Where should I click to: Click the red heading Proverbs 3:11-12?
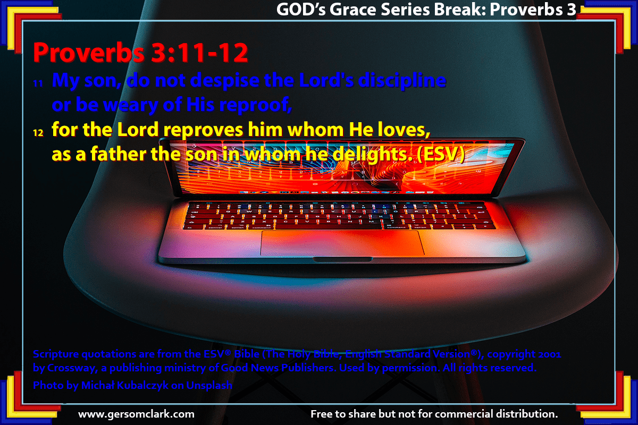point(140,53)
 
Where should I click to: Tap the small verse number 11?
point(38,83)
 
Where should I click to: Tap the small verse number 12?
point(38,133)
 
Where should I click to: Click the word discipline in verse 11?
point(402,81)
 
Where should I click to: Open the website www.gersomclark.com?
point(136,414)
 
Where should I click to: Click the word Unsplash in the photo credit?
point(209,385)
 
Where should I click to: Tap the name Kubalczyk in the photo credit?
point(142,385)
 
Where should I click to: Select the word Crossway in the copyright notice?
point(73,368)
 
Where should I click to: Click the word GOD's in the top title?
point(301,10)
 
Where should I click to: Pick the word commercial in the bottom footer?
point(462,414)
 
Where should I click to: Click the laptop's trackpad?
point(342,243)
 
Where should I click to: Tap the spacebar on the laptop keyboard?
point(329,227)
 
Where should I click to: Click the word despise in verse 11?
point(225,81)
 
